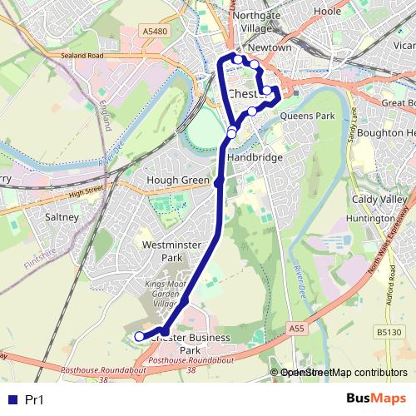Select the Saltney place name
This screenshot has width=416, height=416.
tap(62, 217)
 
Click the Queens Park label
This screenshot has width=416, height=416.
tap(307, 116)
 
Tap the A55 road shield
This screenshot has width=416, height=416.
tap(298, 329)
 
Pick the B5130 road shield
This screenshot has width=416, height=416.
tap(388, 333)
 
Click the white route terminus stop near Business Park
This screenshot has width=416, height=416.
tap(139, 336)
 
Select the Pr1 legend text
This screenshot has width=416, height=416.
tap(35, 400)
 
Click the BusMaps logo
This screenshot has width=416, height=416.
tap(375, 399)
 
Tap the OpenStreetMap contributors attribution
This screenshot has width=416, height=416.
tap(344, 373)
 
